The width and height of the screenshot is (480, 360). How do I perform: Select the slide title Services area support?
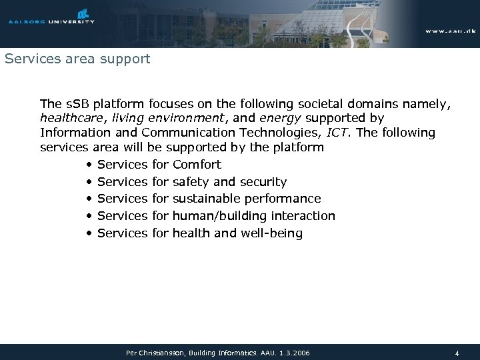coord(77,59)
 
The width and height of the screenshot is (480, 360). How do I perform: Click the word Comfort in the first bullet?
coord(197,164)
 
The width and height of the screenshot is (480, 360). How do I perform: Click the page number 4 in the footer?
coord(457,352)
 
